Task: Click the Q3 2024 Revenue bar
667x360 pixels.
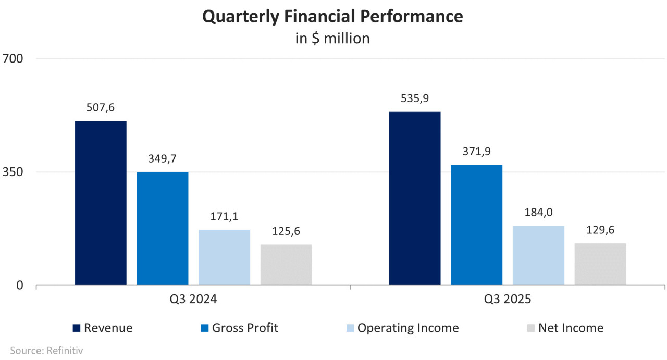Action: tap(101, 203)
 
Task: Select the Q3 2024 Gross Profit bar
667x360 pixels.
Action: tap(163, 229)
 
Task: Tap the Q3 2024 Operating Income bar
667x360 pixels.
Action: tap(224, 257)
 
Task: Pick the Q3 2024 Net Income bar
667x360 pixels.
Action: tap(286, 265)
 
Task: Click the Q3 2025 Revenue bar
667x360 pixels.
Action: tap(415, 198)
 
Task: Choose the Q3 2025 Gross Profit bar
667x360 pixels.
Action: tap(477, 225)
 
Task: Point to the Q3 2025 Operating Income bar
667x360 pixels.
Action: tap(538, 255)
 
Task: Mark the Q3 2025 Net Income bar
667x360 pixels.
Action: tap(600, 264)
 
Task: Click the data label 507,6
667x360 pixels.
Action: tap(101, 108)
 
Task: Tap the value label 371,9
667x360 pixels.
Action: tap(477, 152)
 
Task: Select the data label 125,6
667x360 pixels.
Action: tap(286, 231)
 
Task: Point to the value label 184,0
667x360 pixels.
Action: tap(538, 213)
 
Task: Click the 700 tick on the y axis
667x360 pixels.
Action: tap(13, 58)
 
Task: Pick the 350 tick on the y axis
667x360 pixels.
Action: tap(13, 172)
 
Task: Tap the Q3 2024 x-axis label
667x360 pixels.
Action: tap(193, 300)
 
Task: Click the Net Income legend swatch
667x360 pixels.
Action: tap(530, 328)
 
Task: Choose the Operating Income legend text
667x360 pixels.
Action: tap(408, 328)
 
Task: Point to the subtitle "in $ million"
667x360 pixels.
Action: tap(332, 39)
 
